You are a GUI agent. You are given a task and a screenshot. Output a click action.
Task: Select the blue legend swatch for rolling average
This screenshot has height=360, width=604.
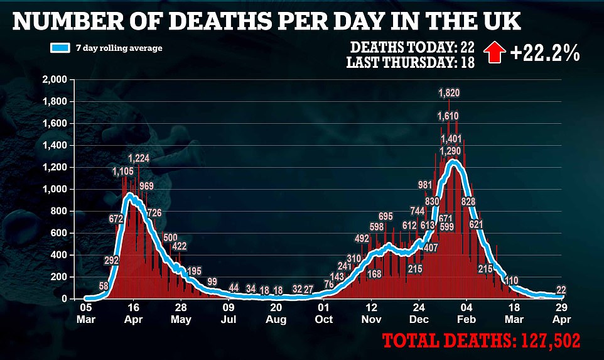(60, 48)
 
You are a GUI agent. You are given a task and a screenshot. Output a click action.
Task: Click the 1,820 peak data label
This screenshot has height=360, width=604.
(448, 94)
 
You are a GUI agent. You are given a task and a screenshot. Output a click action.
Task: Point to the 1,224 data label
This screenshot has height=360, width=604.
(138, 158)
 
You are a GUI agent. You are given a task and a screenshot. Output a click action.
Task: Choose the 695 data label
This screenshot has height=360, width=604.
(386, 217)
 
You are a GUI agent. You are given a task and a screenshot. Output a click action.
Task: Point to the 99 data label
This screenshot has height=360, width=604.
(212, 281)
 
